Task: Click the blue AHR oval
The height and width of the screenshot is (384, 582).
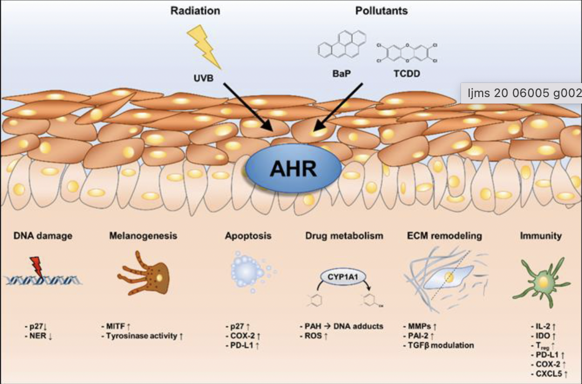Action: point(293,171)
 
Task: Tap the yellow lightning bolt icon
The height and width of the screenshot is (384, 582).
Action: point(204,46)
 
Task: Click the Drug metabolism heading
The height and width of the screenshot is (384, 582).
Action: point(344,236)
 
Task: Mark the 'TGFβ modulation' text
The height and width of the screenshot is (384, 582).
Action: point(442,345)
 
